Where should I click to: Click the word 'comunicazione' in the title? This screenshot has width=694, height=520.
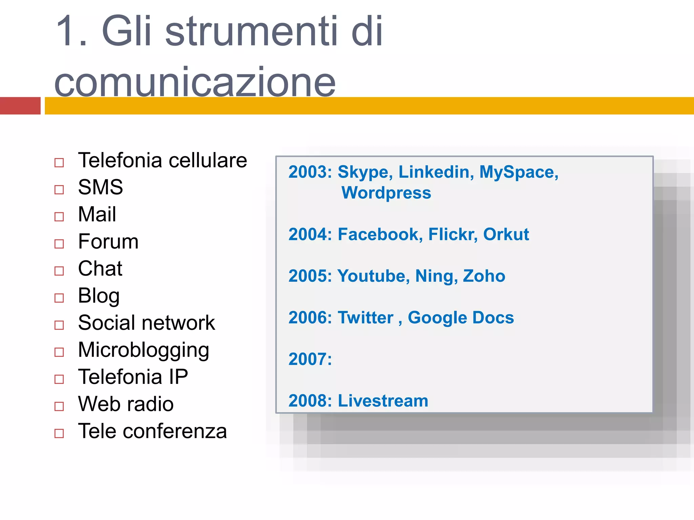coord(195,82)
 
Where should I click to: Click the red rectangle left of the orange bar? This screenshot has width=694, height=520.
coord(20,106)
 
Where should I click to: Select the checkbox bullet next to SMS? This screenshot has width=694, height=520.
coord(59,190)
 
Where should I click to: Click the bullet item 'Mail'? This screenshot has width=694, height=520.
coord(97,214)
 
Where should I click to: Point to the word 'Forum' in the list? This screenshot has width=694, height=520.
coord(108,241)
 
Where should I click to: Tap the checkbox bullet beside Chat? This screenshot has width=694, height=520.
coord(59,271)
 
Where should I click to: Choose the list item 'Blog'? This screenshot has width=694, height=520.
coord(99,296)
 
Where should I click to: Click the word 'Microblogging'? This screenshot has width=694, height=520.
coord(143,350)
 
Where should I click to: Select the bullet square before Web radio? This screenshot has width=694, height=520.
coord(59,406)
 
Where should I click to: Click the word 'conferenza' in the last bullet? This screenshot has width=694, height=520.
coord(175,431)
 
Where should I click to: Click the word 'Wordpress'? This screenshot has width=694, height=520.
coord(386,193)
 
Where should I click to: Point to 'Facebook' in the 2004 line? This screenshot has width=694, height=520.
coord(380,234)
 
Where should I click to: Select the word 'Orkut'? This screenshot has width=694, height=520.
coord(506,234)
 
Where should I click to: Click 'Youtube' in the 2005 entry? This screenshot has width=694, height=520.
coord(374,276)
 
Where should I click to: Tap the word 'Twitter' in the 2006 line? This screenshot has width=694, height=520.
coord(366,318)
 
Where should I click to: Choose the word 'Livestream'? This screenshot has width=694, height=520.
coord(383,401)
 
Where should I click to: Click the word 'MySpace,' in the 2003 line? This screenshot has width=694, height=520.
coord(518,172)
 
